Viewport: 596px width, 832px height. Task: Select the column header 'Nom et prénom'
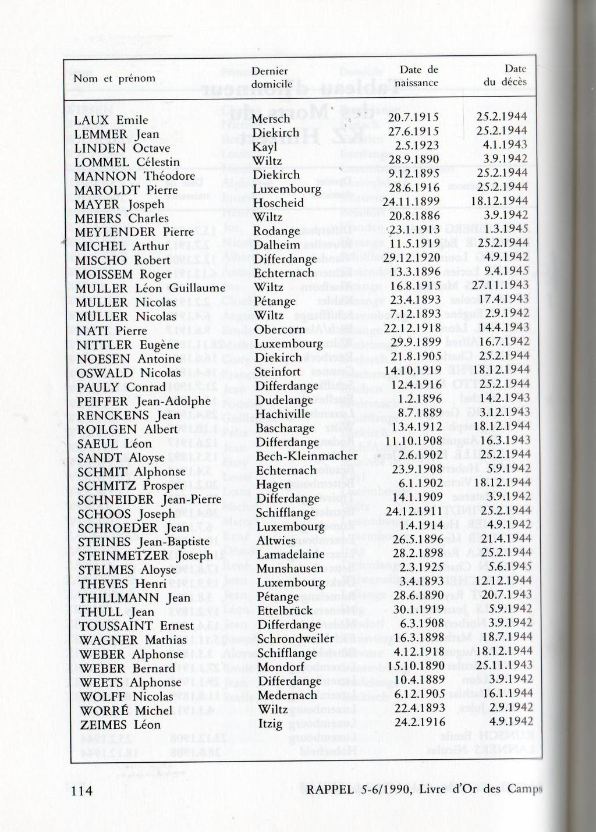[114, 79]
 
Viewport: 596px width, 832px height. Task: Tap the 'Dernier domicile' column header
[272, 77]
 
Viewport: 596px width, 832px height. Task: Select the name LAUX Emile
[111, 120]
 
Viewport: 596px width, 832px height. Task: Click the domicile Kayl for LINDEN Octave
[265, 147]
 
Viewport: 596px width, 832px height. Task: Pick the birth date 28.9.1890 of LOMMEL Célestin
[414, 160]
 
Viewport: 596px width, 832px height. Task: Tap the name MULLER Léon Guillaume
[150, 289]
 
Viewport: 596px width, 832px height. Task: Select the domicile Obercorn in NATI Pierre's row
[279, 330]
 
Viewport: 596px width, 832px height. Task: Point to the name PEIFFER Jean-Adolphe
[144, 401]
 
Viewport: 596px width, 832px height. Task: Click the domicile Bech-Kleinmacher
[307, 456]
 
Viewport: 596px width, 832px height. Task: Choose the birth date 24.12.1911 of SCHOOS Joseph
[414, 511]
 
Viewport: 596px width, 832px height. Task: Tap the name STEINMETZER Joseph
[146, 556]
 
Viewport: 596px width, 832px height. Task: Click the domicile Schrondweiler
[296, 639]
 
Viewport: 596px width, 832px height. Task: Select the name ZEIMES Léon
[120, 725]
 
